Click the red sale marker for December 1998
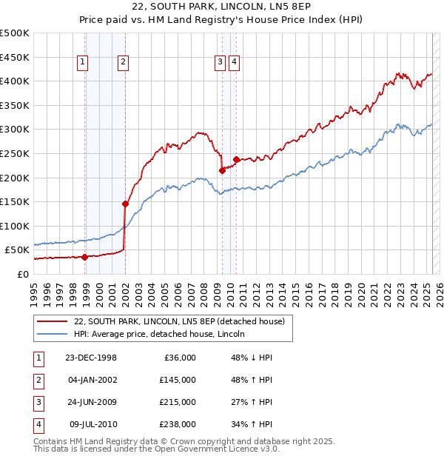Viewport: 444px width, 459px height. [x=85, y=257]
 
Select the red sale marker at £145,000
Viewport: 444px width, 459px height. [x=125, y=204]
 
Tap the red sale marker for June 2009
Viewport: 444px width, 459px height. [x=222, y=170]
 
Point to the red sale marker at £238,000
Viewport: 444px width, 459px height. [x=236, y=159]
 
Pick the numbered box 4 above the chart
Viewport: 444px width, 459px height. [x=233, y=63]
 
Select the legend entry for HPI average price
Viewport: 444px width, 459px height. [x=164, y=334]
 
